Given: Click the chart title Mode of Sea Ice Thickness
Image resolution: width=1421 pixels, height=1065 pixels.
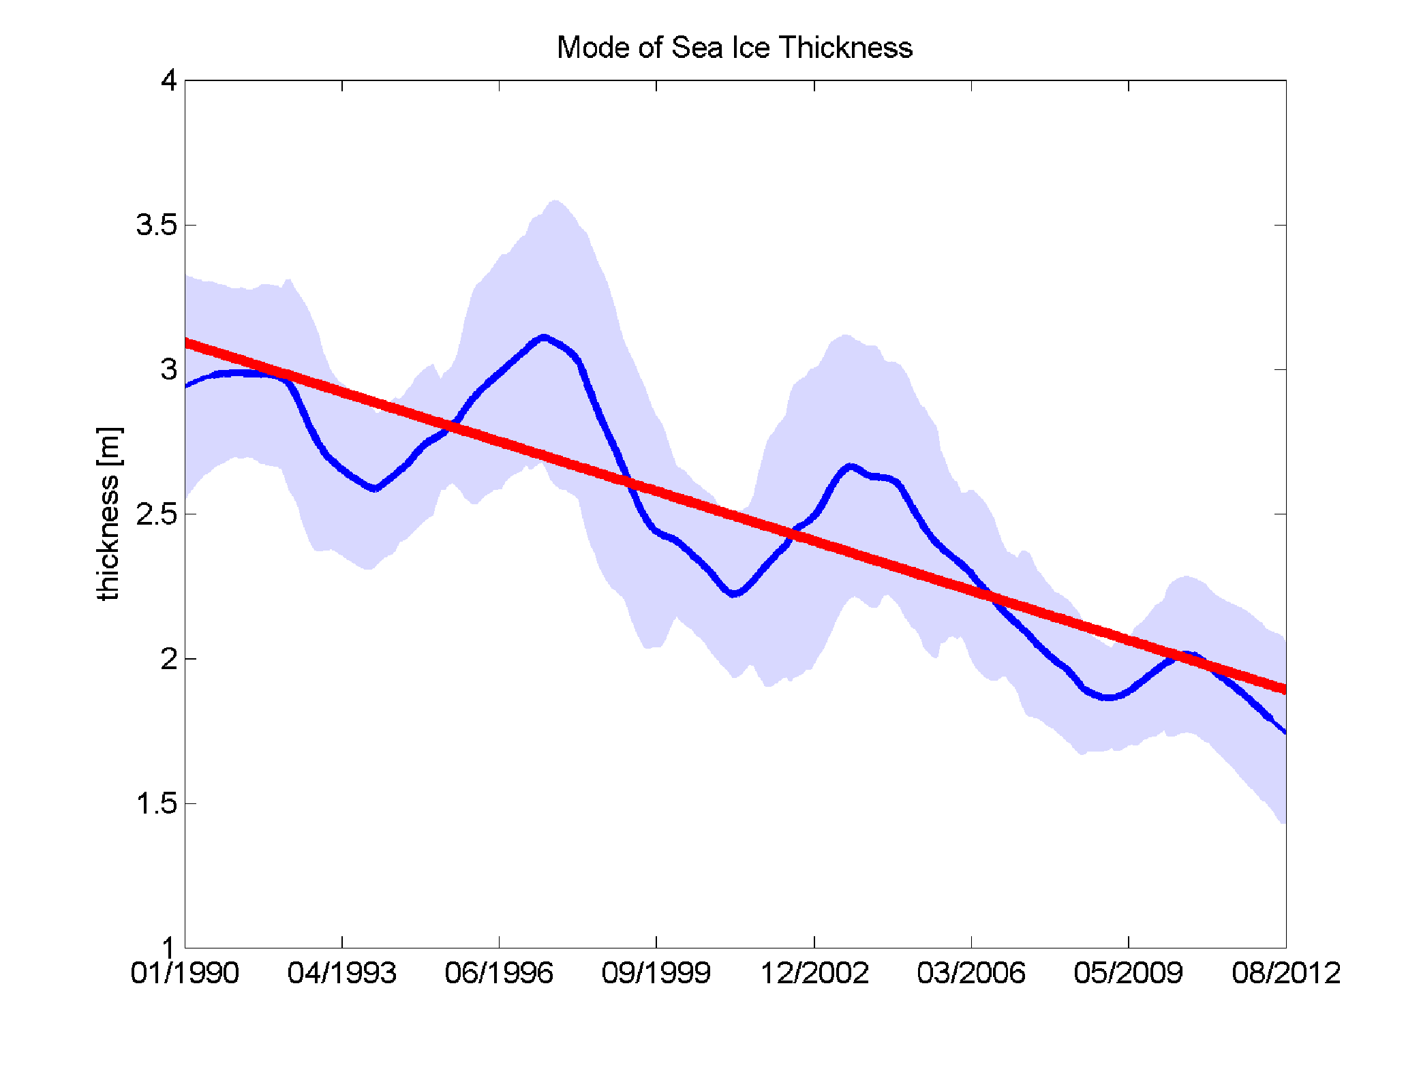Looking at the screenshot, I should pyautogui.click(x=734, y=48).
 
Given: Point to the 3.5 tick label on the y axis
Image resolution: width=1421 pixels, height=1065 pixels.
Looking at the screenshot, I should pyautogui.click(x=157, y=225).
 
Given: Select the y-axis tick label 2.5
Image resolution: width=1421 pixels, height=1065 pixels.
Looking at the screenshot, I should pyautogui.click(x=157, y=514).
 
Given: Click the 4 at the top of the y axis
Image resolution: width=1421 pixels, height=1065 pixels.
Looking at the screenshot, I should pyautogui.click(x=168, y=80).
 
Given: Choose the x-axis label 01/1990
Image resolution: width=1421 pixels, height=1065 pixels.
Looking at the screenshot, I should pyautogui.click(x=185, y=973).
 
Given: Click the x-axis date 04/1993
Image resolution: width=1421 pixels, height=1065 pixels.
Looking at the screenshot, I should pyautogui.click(x=342, y=973).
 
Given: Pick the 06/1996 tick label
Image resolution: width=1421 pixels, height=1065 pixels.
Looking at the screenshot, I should pyautogui.click(x=499, y=973).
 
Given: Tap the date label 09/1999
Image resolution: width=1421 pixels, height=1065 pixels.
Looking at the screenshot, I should pyautogui.click(x=656, y=973).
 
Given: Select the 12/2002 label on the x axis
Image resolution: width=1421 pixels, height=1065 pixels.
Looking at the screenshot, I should pyautogui.click(x=814, y=973).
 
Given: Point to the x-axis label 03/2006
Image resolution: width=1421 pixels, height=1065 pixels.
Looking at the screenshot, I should pyautogui.click(x=971, y=973).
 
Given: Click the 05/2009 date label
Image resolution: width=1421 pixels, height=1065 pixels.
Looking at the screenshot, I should pyautogui.click(x=1129, y=973).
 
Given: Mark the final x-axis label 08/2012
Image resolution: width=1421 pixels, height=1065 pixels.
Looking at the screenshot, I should pyautogui.click(x=1286, y=973).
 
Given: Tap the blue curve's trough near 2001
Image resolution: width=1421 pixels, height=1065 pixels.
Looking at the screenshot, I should pyautogui.click(x=734, y=594).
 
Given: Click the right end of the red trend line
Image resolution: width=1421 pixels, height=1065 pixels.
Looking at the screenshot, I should pyautogui.click(x=1284, y=689).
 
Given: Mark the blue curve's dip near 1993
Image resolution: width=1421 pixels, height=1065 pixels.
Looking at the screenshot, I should pyautogui.click(x=374, y=489).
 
